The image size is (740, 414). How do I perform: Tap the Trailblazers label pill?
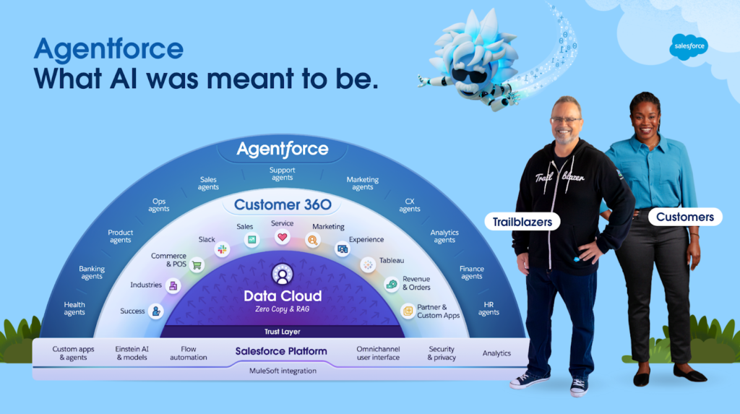point(522,221)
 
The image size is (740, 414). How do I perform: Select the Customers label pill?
point(684,217)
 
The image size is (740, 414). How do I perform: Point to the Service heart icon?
point(282,237)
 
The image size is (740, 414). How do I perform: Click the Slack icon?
point(221,249)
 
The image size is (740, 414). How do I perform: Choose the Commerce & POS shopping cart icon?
point(197,265)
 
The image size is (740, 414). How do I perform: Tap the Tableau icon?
point(367,264)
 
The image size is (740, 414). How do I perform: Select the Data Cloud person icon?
point(282,275)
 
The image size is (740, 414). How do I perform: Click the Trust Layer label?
point(282,332)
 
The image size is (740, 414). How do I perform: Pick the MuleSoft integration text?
point(282,371)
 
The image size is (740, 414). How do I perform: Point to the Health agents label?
point(74,309)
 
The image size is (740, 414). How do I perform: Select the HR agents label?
point(489,309)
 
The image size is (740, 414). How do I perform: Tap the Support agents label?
point(282,174)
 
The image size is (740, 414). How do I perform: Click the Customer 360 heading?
point(282,204)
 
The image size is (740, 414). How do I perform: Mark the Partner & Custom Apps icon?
point(408,311)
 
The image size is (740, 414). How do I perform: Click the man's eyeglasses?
point(564,120)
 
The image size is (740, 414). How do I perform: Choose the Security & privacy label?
point(441,353)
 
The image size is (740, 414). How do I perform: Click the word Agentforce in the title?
point(108,49)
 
